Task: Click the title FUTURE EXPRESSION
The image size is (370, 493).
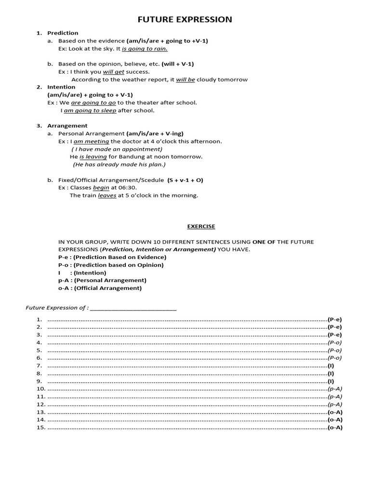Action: tap(185, 19)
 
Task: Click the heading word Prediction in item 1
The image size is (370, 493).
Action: tap(63, 33)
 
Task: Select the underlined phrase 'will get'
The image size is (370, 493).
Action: tap(114, 72)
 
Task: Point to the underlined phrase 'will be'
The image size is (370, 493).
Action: tap(185, 79)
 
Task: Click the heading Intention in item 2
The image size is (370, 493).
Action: tap(61, 87)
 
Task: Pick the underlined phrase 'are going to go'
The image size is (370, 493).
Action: tap(93, 103)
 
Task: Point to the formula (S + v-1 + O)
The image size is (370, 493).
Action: tap(185, 180)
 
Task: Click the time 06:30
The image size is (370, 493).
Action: tap(127, 188)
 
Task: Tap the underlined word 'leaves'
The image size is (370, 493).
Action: tap(107, 195)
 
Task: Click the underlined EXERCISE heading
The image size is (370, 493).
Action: tap(200, 226)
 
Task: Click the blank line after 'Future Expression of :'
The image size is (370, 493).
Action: tap(133, 308)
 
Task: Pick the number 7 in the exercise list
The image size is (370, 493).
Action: tap(39, 365)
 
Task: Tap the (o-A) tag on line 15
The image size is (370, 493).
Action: tap(335, 428)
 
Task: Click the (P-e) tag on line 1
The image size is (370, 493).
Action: tap(335, 319)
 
